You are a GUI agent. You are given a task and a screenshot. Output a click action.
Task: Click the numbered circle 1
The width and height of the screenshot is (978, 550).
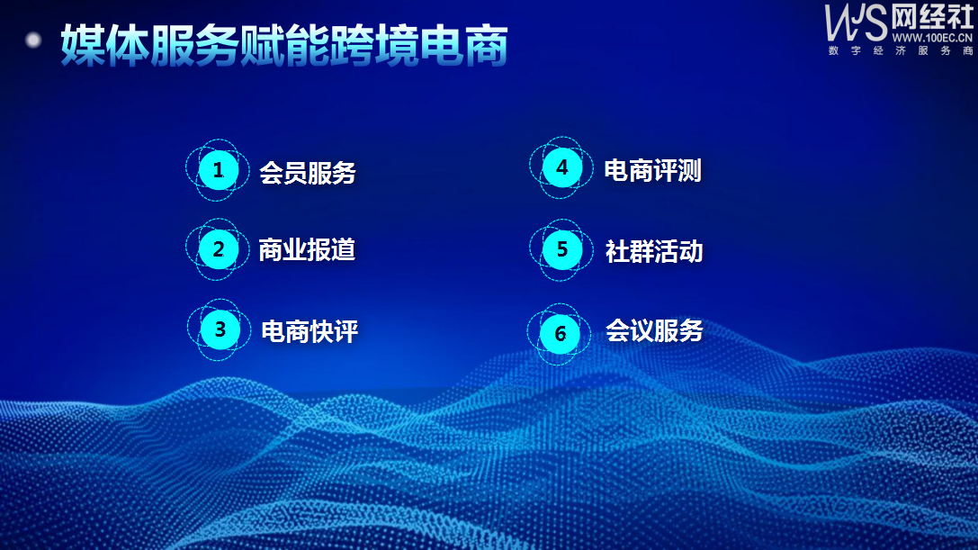point(218,170)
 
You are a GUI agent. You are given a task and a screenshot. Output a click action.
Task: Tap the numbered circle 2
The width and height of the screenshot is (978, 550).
point(218,249)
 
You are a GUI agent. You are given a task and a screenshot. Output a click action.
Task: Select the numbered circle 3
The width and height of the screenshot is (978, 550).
point(220,329)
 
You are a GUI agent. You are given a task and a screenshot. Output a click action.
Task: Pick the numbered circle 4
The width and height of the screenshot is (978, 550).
point(561,167)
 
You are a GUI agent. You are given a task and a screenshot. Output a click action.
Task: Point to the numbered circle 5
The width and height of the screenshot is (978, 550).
point(561,249)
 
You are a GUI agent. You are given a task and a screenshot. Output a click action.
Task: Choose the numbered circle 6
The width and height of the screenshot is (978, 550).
point(560,334)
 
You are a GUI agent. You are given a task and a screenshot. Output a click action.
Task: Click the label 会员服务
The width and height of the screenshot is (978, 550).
point(308,173)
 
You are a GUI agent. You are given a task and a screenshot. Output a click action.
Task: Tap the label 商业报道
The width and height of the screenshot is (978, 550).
point(307,249)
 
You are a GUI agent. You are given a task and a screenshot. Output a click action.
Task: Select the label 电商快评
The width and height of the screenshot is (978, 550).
point(310,331)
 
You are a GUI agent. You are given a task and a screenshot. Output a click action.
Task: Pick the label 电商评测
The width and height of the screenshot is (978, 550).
point(653,170)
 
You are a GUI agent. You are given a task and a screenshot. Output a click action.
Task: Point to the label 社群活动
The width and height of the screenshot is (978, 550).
point(654,251)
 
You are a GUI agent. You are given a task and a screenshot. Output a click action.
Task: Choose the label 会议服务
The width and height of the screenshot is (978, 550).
point(654,331)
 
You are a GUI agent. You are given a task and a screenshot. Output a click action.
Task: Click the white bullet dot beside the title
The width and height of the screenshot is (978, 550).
point(33,41)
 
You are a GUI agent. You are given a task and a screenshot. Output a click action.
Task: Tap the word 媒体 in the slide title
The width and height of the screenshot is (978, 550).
point(105,46)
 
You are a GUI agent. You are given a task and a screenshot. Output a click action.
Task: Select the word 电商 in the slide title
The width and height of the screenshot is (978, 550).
point(464,46)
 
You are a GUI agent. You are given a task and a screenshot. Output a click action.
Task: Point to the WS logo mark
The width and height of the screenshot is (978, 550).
point(856,23)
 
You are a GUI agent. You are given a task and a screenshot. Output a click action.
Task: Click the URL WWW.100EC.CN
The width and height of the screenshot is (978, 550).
point(932,38)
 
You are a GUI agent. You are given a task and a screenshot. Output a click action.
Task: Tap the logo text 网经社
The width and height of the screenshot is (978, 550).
point(932,17)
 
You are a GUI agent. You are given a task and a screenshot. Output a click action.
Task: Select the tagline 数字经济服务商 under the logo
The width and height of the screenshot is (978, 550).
point(901,50)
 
